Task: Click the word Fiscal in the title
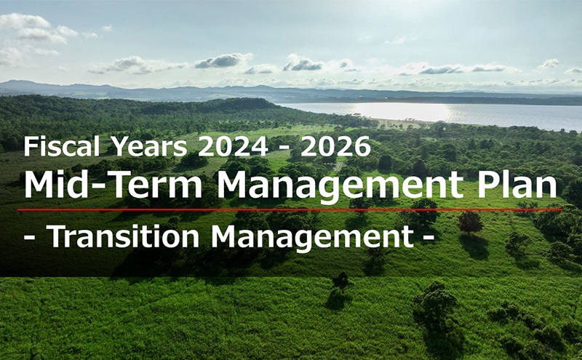point(62,146)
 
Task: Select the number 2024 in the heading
point(233,146)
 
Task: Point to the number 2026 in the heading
point(335,146)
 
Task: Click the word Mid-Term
point(113,185)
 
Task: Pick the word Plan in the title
point(517,185)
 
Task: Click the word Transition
point(123,236)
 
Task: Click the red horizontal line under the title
point(290,209)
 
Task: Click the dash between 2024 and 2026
point(284,148)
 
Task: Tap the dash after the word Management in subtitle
point(428,238)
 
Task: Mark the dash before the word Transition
point(29,238)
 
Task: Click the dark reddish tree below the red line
point(470,223)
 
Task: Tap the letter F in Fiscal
point(30,146)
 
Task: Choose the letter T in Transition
point(56,236)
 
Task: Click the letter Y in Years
point(119,146)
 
